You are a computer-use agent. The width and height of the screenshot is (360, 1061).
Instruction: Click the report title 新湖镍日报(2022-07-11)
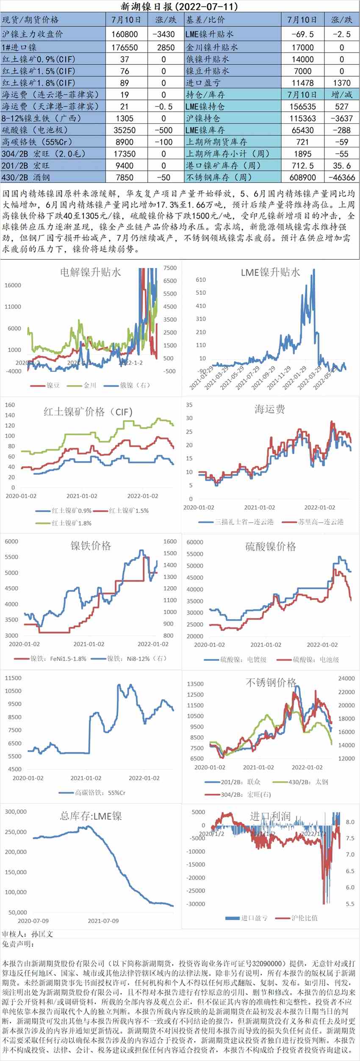pos(180,6)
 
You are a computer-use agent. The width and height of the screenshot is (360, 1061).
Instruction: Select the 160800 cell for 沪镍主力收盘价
pos(124,34)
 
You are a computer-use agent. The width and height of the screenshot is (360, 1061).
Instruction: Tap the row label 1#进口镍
pos(19,47)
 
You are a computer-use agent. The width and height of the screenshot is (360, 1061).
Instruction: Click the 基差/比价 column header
pos(206,20)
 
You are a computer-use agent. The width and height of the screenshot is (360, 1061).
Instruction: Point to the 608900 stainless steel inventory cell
pos(302,177)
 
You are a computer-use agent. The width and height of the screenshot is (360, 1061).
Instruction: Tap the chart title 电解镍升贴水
pos(90,272)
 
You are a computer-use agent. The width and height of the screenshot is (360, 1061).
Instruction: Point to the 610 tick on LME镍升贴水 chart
pos(201,280)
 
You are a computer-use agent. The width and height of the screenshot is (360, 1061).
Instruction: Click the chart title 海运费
pos(270,409)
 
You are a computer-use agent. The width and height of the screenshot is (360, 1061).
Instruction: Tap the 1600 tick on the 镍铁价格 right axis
pos(170,541)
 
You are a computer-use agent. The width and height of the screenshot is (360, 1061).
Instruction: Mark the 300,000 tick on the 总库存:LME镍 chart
pos(16,812)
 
